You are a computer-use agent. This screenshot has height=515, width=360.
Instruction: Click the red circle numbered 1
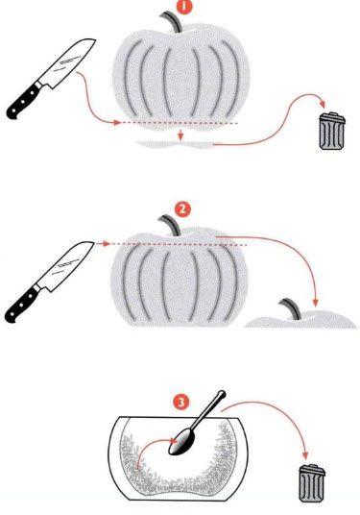click(x=184, y=7)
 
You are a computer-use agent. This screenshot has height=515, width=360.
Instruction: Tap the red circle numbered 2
click(x=182, y=209)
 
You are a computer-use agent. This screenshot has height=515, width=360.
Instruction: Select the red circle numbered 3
click(x=181, y=402)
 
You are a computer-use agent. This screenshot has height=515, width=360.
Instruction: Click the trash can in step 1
click(x=332, y=131)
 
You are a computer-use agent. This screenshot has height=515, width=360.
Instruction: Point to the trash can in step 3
click(x=312, y=483)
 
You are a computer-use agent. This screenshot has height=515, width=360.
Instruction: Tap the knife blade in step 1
click(x=68, y=62)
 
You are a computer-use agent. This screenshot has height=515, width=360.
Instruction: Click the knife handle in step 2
click(x=22, y=304)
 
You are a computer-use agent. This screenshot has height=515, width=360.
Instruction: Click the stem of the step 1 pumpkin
click(x=172, y=21)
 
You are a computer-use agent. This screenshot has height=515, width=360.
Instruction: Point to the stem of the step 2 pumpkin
click(x=171, y=225)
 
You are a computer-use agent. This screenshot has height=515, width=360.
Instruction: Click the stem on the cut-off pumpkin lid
click(x=292, y=308)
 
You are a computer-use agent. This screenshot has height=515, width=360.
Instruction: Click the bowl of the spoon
click(x=182, y=442)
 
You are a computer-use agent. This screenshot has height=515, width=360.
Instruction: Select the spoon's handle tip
click(x=222, y=394)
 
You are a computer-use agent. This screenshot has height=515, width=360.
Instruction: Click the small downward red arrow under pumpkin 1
click(x=180, y=135)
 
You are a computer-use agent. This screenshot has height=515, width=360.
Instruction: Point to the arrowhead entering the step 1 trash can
click(x=323, y=105)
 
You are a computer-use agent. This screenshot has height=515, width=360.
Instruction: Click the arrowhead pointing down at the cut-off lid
click(x=316, y=302)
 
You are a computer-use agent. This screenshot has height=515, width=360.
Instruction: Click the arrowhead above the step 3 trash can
click(x=305, y=455)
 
